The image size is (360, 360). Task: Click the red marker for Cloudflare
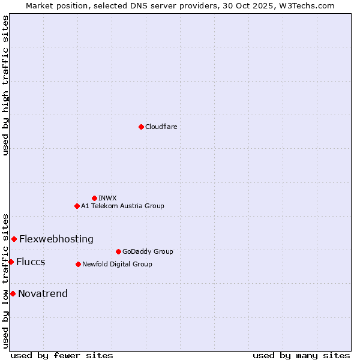click(141, 127)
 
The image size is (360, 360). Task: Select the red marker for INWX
click(94, 198)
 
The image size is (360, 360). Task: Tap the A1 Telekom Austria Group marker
click(77, 206)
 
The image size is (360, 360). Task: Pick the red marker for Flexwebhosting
click(14, 239)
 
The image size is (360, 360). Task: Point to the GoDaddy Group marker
click(118, 251)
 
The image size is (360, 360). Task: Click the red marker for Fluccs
click(11, 262)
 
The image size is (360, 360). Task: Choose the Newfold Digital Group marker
click(78, 264)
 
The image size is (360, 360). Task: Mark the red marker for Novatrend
click(13, 293)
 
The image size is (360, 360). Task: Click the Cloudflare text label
click(161, 127)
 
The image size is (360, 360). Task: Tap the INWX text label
click(107, 198)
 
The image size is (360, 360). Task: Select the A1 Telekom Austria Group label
click(122, 206)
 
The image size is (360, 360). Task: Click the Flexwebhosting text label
click(56, 239)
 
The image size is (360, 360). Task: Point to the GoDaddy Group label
click(148, 251)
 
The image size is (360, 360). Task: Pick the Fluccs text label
click(31, 262)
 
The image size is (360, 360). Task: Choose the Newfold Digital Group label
click(117, 264)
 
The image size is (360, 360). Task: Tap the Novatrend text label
click(43, 293)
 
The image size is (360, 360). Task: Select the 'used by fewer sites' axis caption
click(62, 355)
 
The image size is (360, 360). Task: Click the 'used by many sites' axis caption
click(301, 355)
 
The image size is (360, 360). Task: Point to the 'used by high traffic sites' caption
click(5, 85)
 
